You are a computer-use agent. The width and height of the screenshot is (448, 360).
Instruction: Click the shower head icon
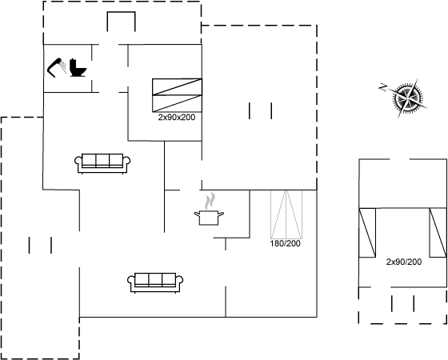tap(55, 67)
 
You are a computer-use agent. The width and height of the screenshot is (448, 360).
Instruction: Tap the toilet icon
tap(78, 68)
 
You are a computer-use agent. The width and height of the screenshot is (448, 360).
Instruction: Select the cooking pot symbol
tap(209, 217)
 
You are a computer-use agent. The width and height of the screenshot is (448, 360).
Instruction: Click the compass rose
tap(408, 98)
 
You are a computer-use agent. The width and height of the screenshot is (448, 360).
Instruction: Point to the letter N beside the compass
tap(383, 87)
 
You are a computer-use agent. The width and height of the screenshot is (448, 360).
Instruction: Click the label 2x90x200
tap(177, 117)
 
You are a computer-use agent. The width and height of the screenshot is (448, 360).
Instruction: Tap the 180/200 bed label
tap(285, 243)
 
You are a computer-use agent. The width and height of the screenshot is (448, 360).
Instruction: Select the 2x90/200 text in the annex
tap(404, 262)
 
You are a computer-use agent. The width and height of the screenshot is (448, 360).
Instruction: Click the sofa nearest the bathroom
tap(102, 163)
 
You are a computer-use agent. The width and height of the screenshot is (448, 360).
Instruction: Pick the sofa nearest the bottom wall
tap(155, 282)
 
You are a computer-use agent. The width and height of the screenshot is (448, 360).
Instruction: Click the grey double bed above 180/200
tap(286, 214)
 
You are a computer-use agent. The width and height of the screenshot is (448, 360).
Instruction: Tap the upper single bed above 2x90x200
tap(177, 87)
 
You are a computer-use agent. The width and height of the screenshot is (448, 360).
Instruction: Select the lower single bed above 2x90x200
tap(177, 103)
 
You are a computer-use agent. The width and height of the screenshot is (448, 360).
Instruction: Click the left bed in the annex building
tap(367, 233)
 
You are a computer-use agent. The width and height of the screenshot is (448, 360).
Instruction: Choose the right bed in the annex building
tap(438, 233)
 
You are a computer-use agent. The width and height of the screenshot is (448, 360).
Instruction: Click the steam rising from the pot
tap(210, 201)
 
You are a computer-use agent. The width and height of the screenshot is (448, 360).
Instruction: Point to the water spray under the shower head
tap(63, 67)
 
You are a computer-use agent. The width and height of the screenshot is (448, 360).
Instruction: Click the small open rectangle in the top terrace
tap(121, 22)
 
